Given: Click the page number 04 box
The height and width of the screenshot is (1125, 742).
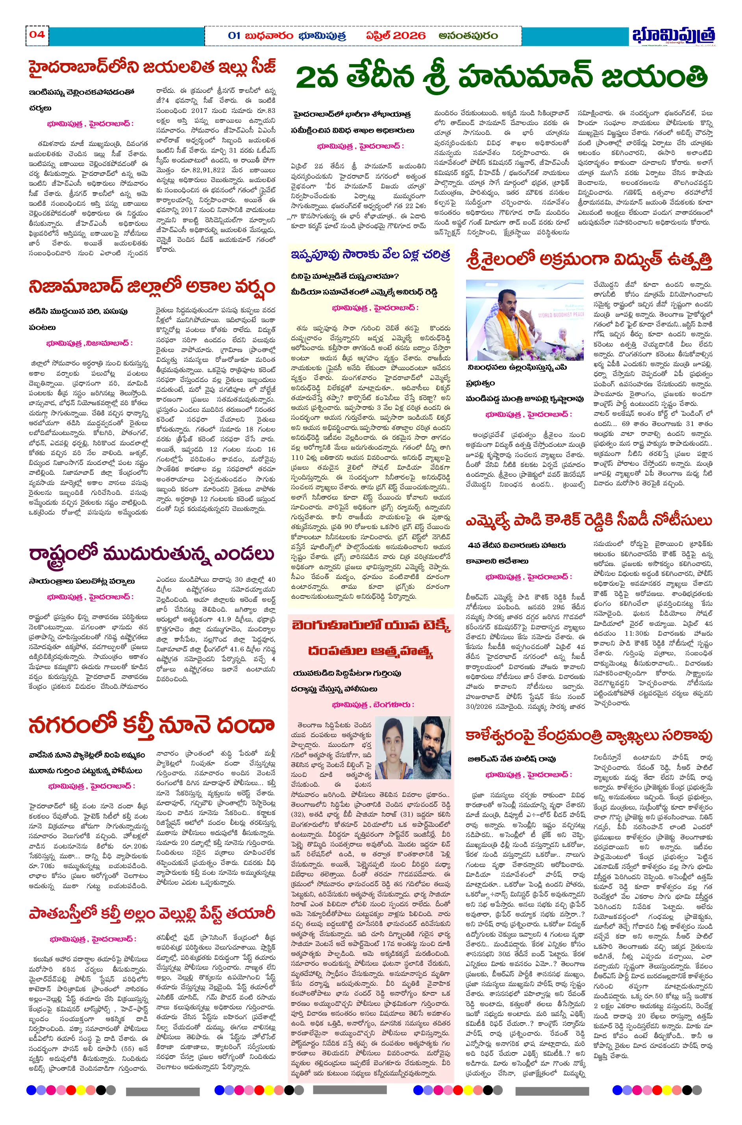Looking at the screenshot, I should (37, 35).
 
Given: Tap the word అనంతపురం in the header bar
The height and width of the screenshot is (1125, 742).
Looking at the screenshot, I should (468, 36).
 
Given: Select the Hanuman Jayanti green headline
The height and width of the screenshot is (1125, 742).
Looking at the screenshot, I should (501, 77).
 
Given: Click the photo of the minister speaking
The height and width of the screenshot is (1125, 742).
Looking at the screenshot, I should (524, 320).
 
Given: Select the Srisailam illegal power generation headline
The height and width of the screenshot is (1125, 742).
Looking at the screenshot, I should (588, 260).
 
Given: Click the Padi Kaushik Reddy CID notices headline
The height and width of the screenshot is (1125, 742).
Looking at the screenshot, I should (588, 521).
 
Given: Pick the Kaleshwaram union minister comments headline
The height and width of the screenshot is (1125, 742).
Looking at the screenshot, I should (588, 736).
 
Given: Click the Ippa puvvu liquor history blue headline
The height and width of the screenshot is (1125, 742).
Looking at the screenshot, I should (370, 255).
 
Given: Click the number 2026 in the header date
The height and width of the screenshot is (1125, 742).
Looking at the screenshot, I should (409, 36).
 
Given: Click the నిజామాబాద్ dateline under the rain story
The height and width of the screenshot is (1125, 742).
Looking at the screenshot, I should (110, 343).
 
